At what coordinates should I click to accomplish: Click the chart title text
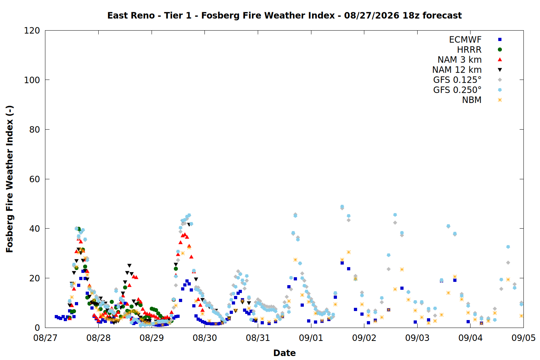click(284, 15)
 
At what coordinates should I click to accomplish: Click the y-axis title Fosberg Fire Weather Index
click(10, 179)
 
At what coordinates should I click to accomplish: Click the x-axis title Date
click(284, 353)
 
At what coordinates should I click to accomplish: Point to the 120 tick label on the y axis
click(32, 31)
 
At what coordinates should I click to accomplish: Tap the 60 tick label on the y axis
click(35, 179)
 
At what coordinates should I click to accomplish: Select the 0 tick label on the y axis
click(37, 328)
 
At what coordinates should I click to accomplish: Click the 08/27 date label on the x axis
click(45, 338)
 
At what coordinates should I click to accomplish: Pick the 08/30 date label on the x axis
click(205, 338)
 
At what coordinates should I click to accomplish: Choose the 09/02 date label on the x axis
click(364, 338)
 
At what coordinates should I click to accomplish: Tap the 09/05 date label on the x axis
click(523, 338)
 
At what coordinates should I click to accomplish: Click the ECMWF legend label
click(465, 40)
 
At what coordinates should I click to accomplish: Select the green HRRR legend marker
click(500, 50)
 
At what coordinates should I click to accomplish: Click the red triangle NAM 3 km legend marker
click(500, 59)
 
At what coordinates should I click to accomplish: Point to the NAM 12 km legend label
click(457, 70)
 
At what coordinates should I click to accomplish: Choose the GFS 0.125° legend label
click(457, 80)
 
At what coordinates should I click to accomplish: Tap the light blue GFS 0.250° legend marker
click(500, 90)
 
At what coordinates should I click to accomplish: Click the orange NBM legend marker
click(500, 100)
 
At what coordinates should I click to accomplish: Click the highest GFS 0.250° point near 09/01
click(295, 216)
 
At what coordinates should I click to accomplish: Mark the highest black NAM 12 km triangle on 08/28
click(130, 266)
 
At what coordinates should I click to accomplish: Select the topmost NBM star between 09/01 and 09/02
click(348, 252)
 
